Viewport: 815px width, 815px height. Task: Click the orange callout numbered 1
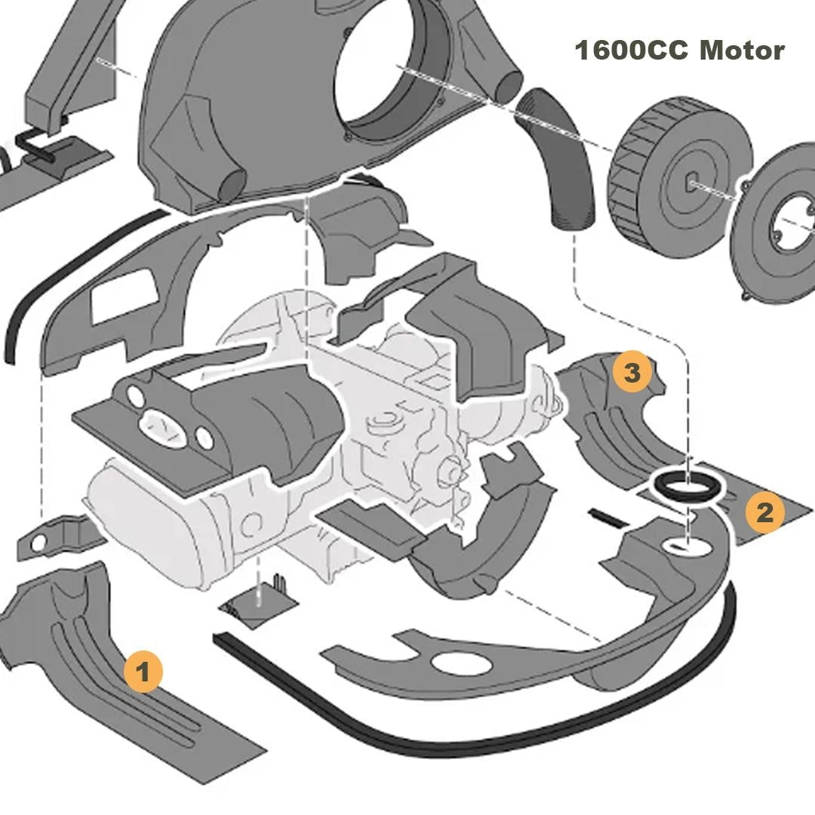tap(143, 672)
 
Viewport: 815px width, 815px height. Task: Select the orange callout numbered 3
tap(632, 372)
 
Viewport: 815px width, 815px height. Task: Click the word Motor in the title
tap(743, 51)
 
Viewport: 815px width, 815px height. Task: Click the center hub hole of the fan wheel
tap(692, 183)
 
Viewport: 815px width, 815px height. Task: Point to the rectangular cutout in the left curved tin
tap(124, 297)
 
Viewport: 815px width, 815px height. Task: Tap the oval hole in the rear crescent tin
tap(462, 664)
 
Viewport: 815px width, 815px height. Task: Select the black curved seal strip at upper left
tap(68, 275)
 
